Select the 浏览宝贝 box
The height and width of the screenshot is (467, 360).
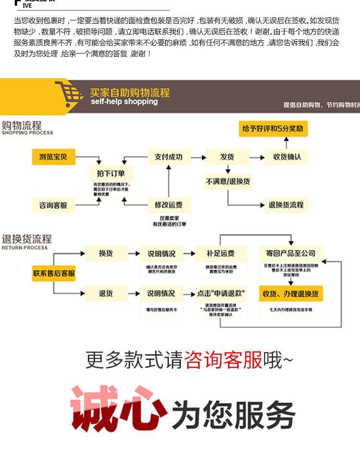tap(53, 157)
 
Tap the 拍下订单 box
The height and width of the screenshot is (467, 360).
tap(110, 174)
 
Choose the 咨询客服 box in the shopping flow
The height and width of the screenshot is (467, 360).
tap(53, 205)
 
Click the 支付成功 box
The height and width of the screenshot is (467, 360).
tap(168, 157)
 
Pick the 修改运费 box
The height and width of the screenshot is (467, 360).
tap(168, 205)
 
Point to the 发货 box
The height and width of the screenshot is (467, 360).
tap(228, 157)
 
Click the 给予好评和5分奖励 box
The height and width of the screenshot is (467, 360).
tap(273, 129)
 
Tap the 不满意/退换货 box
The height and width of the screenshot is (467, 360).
tap(228, 182)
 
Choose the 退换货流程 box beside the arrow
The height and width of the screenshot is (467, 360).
tap(286, 205)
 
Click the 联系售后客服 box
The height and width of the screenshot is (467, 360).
tap(54, 274)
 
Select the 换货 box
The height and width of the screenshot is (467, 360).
tap(106, 253)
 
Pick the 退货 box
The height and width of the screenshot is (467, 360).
tap(106, 293)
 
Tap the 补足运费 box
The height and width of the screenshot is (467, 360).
tap(221, 253)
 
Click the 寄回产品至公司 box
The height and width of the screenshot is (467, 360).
tap(291, 253)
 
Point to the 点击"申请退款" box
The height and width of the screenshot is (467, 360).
tap(221, 293)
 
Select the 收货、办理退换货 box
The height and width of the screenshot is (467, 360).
tap(291, 293)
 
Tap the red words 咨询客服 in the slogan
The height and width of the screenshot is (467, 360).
tap(223, 360)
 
